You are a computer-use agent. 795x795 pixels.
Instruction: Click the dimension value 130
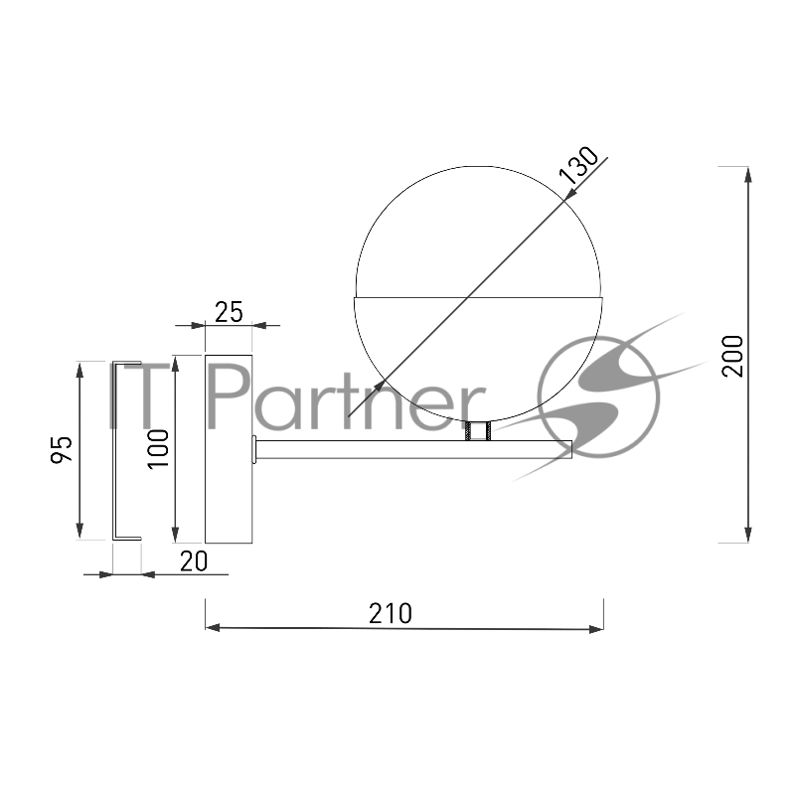(x=578, y=164)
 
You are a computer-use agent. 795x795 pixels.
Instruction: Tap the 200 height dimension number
(x=732, y=356)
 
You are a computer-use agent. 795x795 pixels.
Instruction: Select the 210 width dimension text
(x=390, y=613)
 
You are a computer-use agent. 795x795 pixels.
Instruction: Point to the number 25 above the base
(x=229, y=312)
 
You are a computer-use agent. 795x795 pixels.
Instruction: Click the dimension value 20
(x=194, y=561)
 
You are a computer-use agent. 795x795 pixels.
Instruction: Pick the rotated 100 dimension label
(x=158, y=449)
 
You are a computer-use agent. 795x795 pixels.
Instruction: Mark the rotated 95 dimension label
(x=62, y=449)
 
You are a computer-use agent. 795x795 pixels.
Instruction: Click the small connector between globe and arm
(x=478, y=431)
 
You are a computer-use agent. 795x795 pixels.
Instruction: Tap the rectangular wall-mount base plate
(x=229, y=449)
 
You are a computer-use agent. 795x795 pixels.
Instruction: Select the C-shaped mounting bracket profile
(x=114, y=450)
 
